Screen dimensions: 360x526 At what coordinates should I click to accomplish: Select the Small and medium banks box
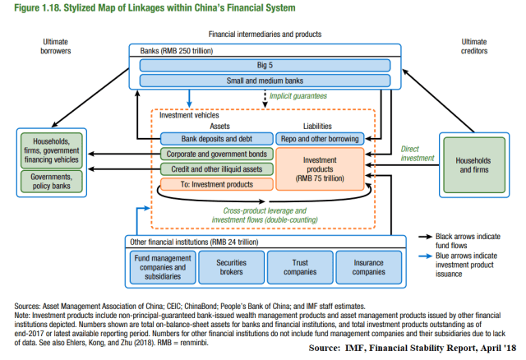coord(265,81)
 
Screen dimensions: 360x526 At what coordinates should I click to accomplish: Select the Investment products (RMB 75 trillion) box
coord(320,168)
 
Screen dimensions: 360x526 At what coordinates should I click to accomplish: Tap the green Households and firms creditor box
coord(473,168)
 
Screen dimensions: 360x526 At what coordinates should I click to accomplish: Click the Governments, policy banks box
coord(49,181)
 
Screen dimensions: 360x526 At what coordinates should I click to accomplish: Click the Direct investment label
coord(414,154)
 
